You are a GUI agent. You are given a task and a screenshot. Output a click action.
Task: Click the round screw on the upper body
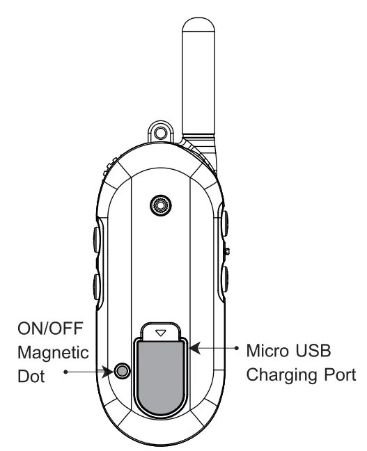pos(162,205)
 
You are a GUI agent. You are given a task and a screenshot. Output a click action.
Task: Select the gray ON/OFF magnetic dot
pos(123,371)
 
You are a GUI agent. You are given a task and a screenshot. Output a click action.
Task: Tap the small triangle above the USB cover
pos(162,333)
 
